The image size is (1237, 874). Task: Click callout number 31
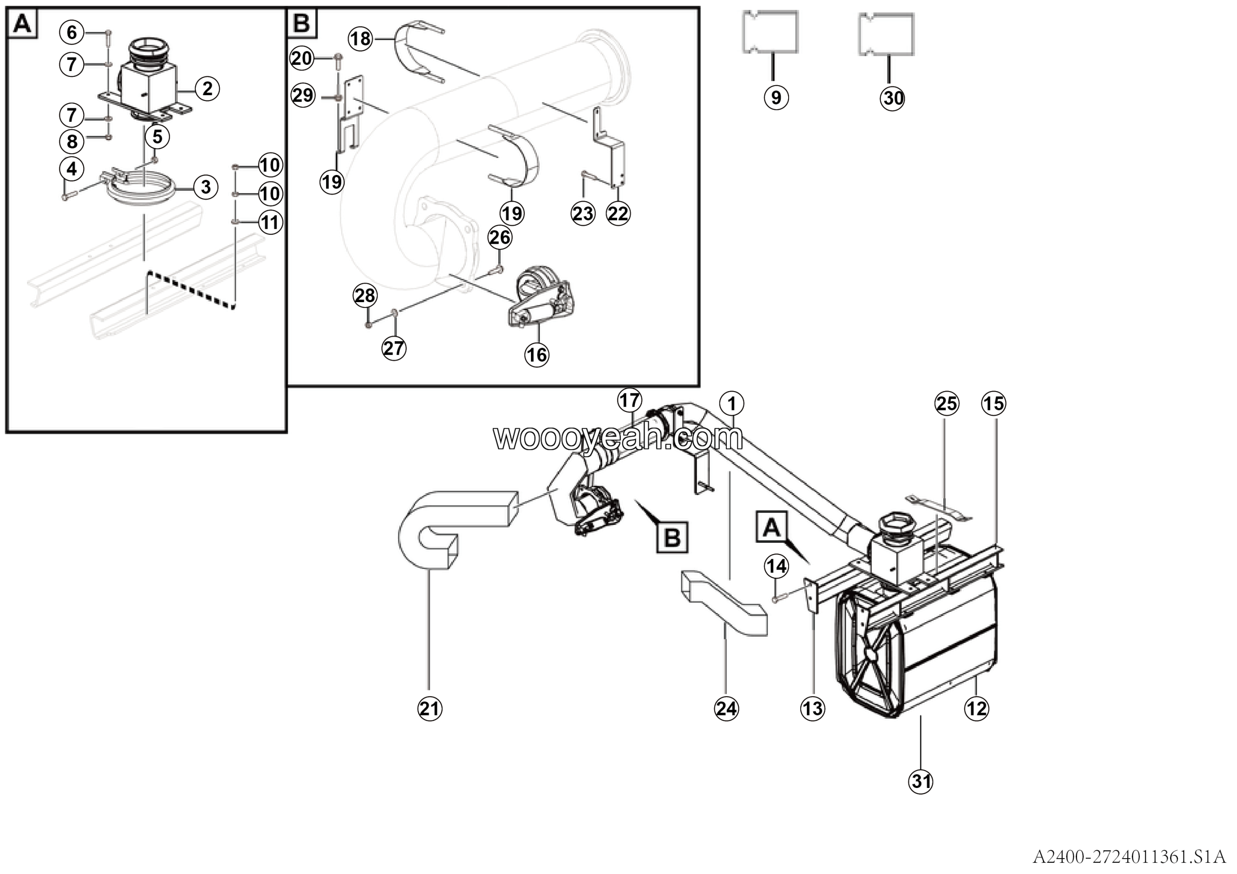coord(921,781)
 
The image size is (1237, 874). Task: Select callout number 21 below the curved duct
coord(430,708)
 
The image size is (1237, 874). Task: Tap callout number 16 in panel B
coord(537,355)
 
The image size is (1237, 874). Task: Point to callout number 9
coord(776,98)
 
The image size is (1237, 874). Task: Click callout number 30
coord(892,99)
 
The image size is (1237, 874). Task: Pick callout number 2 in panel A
coord(207,88)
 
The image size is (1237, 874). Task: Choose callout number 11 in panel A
coord(271,222)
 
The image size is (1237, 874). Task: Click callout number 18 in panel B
coord(360,39)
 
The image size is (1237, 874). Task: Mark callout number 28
coord(365,296)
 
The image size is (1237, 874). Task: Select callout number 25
coord(947,404)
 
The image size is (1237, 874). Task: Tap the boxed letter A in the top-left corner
coord(22,24)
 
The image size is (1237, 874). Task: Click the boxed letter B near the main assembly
coord(672,537)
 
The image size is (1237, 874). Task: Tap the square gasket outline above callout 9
coord(770,32)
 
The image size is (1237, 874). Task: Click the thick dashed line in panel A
coord(191,291)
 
